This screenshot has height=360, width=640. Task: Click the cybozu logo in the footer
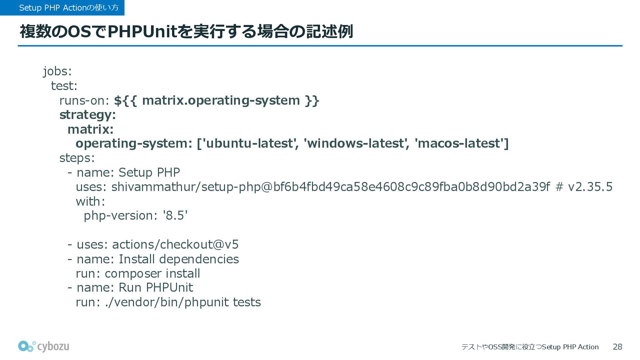44,346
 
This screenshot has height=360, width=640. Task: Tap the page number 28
617,347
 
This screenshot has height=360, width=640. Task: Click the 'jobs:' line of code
57,71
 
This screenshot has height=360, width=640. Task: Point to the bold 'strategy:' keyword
88,115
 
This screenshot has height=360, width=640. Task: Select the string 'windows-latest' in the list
356,144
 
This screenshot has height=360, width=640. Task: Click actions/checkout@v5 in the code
175,245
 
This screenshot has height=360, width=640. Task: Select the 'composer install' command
152,274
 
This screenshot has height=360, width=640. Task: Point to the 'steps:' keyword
77,158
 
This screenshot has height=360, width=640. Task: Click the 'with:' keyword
90,201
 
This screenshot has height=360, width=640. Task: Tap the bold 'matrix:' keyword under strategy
90,129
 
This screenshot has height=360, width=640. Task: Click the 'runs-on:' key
84,100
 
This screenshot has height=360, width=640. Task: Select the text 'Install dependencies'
179,259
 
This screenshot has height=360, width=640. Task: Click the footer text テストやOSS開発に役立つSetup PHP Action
530,347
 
